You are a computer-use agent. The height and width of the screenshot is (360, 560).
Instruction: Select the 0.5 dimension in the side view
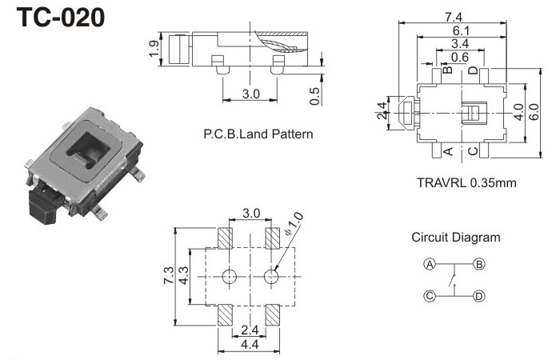pos(315,95)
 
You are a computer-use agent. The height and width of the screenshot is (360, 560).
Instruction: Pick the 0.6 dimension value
pos(460,57)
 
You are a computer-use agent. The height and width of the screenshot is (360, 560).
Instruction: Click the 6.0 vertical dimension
pos(533,113)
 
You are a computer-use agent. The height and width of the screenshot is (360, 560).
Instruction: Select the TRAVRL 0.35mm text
pos(466,182)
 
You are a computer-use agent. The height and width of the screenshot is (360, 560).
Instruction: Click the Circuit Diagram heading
pos(456,237)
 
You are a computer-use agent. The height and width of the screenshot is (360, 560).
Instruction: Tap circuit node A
pos(430,264)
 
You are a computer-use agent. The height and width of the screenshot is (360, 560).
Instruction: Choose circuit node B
pos(478,264)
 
